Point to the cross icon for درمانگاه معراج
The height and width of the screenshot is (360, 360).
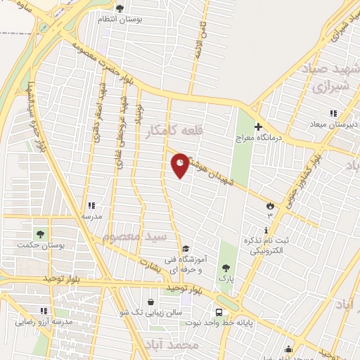[259, 127]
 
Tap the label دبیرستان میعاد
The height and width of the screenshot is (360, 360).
[334, 124]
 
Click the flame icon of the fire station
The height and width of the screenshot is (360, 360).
[269, 205]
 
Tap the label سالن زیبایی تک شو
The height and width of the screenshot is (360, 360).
[151, 311]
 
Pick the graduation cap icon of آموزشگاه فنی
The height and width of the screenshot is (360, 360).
[186, 248]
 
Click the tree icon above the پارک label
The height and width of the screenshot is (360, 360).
[225, 267]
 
